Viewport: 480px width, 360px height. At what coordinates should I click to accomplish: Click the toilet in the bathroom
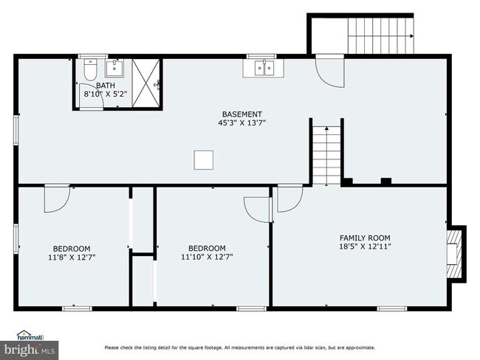(89, 70)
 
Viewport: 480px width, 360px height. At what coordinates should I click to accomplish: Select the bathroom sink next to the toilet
(115, 69)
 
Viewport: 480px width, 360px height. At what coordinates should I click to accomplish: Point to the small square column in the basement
(204, 159)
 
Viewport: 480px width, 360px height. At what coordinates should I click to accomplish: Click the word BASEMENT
(241, 114)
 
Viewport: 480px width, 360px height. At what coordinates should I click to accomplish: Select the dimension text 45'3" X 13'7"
(241, 123)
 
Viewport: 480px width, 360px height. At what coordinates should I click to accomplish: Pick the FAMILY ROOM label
(360, 238)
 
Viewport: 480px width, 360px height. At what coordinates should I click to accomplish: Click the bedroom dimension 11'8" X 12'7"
(71, 257)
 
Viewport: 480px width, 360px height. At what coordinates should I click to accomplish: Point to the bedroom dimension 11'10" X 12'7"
(207, 257)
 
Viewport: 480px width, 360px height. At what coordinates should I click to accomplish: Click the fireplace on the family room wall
(456, 254)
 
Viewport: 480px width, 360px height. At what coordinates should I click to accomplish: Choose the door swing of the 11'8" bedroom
(56, 197)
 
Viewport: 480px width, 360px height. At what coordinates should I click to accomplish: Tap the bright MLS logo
(27, 347)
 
